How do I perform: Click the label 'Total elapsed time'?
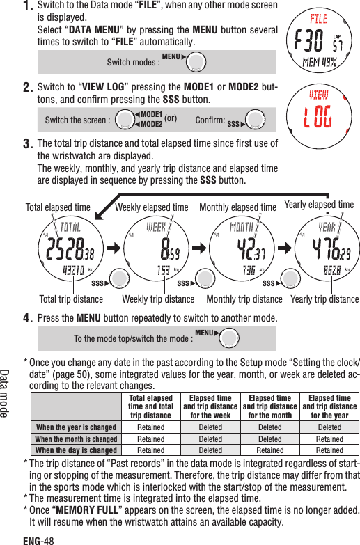pyautogui.click(x=58, y=207)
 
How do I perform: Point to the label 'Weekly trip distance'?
pyautogui.click(x=158, y=300)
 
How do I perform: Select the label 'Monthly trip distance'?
pyautogui.click(x=244, y=300)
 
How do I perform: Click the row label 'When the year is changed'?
pyautogui.click(x=76, y=427)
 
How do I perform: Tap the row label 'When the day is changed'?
pyautogui.click(x=76, y=450)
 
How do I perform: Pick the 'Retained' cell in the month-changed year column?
pyautogui.click(x=329, y=439)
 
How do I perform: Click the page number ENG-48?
pyautogui.click(x=38, y=539)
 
